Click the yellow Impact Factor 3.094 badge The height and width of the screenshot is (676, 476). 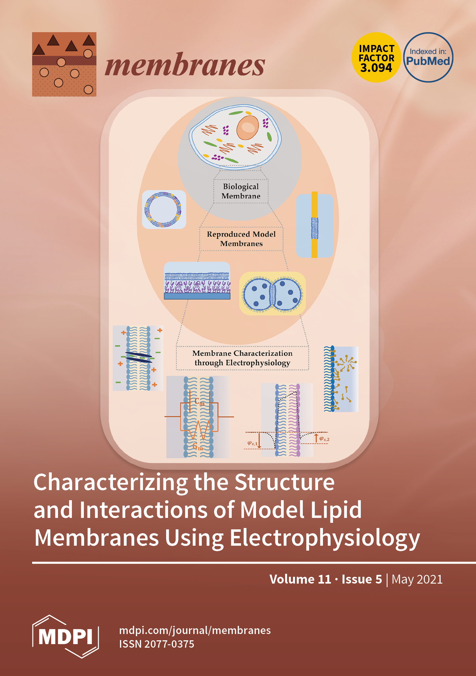point(376,58)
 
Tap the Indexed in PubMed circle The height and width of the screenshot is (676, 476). point(428,58)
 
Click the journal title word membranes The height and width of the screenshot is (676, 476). point(185,65)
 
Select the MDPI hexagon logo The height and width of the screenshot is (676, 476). point(65,636)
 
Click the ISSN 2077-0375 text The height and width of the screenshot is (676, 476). point(157,644)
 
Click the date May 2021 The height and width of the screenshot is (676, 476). point(417,579)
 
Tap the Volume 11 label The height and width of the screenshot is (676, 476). point(300,579)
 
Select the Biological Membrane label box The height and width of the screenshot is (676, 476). point(241,191)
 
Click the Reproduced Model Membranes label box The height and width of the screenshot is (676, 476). point(241,239)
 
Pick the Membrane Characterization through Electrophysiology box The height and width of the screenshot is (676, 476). point(242,358)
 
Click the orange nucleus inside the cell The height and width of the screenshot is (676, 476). point(248,128)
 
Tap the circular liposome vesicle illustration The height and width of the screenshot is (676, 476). point(164,209)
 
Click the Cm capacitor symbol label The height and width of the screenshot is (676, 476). point(199,401)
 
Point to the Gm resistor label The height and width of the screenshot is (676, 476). point(197,447)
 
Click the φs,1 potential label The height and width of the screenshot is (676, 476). point(252,443)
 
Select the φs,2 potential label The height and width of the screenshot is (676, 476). point(324,439)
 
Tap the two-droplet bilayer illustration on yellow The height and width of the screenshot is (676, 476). point(272,294)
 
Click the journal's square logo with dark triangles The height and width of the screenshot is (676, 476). point(64,64)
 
